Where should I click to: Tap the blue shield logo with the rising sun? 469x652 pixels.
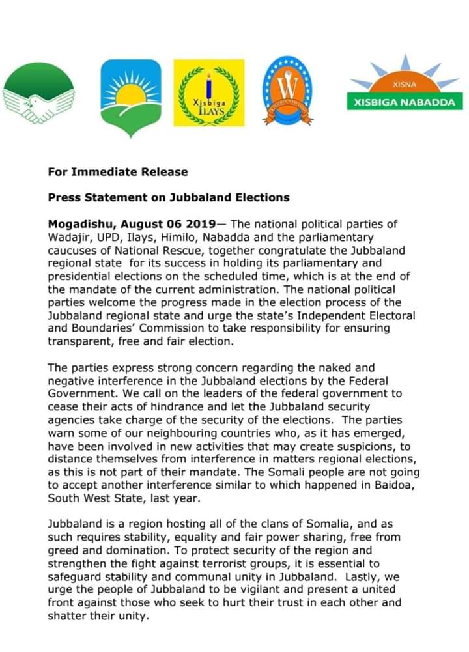(130, 96)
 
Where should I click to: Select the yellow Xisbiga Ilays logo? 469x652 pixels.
(208, 93)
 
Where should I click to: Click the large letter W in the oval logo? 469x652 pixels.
(287, 87)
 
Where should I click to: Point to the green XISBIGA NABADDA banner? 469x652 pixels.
(405, 102)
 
